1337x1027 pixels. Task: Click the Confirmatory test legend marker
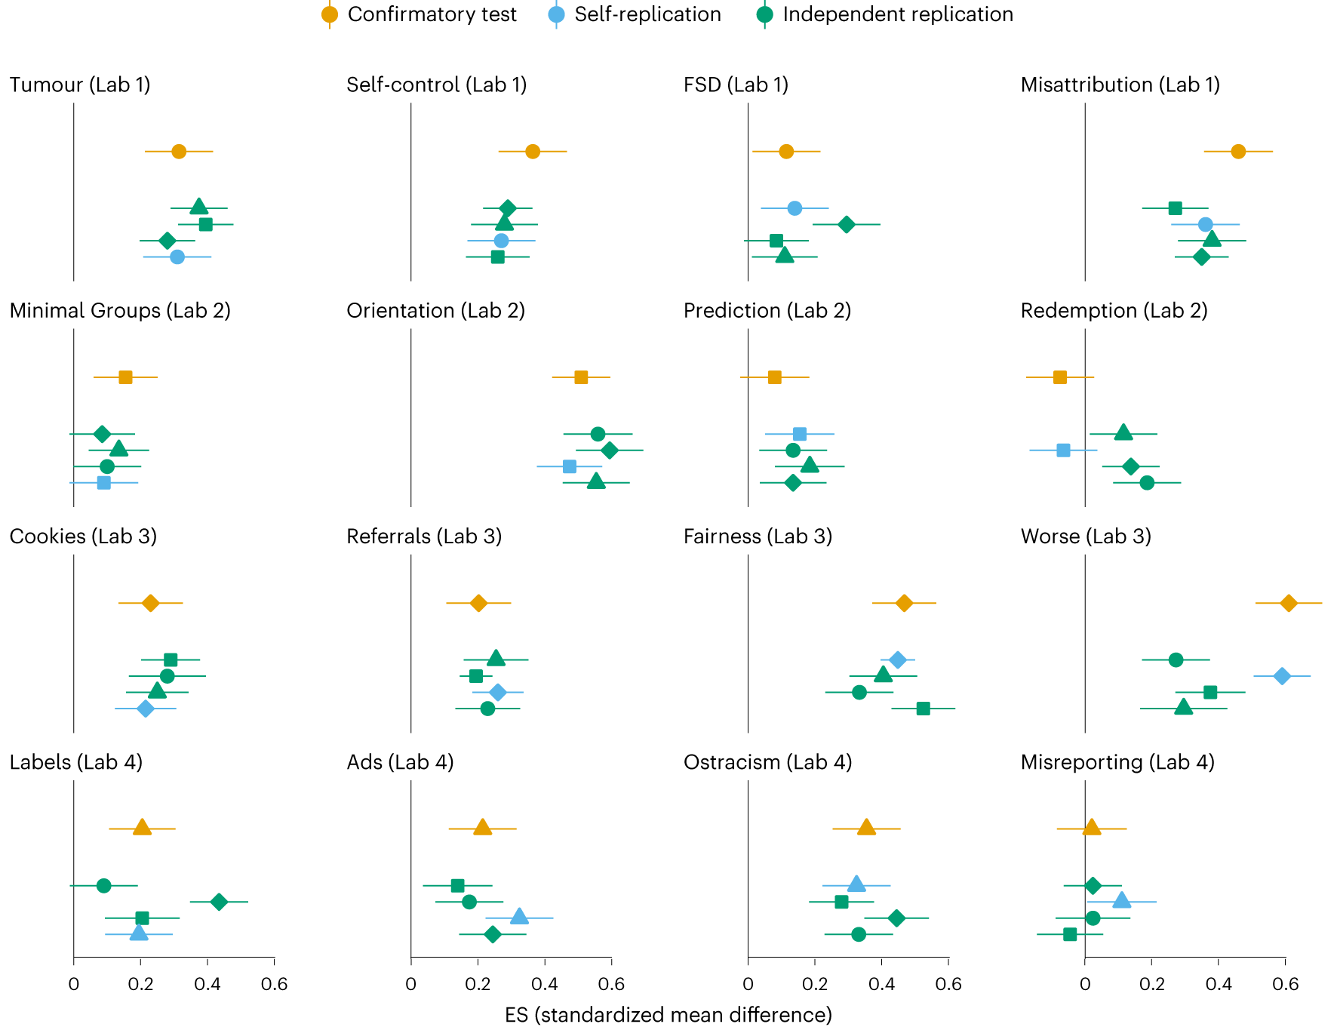[x=330, y=14]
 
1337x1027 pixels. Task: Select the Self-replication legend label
[x=647, y=14]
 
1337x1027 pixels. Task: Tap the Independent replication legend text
[x=898, y=14]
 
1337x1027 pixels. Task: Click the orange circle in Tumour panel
[x=179, y=152]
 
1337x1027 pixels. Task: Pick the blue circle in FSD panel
[x=795, y=208]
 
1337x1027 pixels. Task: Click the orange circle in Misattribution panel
[x=1238, y=152]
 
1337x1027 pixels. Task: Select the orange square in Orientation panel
[x=581, y=377]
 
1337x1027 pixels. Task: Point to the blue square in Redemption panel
[x=1063, y=450]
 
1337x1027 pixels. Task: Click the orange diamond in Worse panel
[x=1289, y=603]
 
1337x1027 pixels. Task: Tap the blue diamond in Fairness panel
[x=897, y=660]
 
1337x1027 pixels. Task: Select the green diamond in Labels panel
[x=219, y=902]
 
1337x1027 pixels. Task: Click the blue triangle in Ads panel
[x=519, y=918]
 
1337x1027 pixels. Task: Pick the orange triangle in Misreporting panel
[x=1092, y=829]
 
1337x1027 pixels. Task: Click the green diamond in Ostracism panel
[x=896, y=918]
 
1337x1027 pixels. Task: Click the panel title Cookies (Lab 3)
[x=83, y=537]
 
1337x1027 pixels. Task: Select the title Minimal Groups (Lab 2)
[x=120, y=311]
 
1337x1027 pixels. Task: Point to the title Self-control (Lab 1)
[x=436, y=85]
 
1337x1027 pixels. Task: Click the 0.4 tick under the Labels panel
[x=207, y=984]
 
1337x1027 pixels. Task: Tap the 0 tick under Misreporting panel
[x=1085, y=984]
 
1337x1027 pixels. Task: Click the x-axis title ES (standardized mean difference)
[x=668, y=1015]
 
